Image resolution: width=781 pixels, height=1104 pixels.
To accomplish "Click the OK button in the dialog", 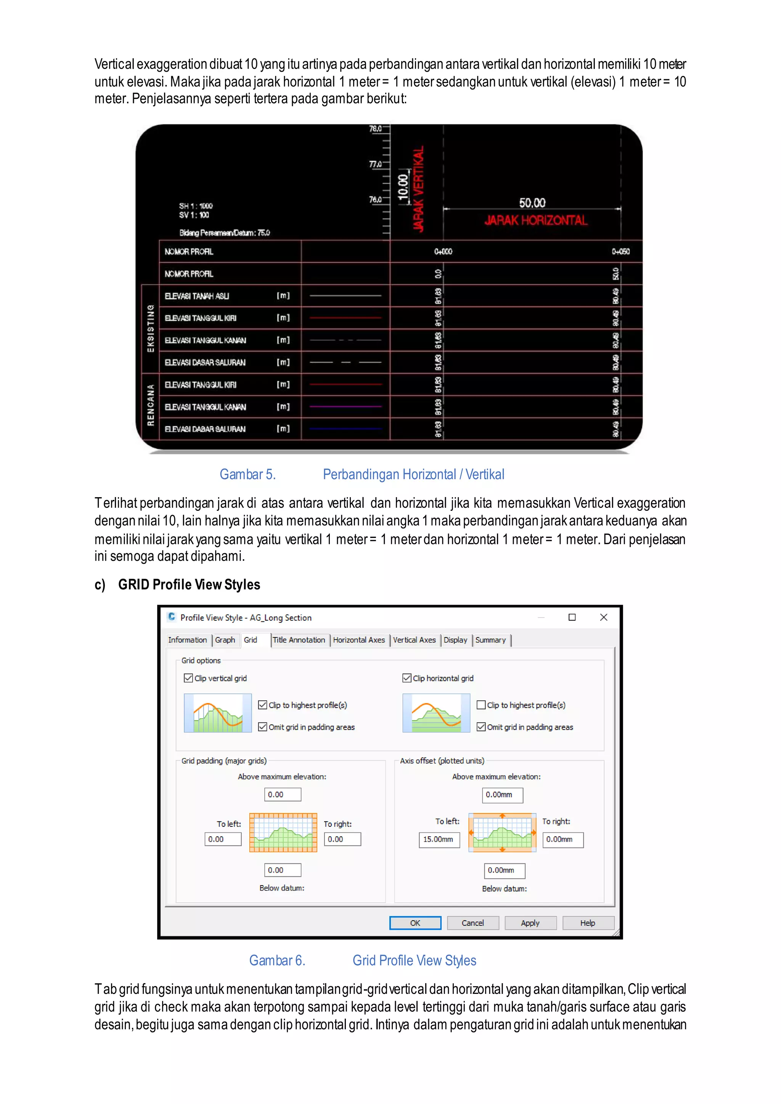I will coord(415,923).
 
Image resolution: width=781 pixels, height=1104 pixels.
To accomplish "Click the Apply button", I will coord(530,923).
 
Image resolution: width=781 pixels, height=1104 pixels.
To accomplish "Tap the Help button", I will coord(588,923).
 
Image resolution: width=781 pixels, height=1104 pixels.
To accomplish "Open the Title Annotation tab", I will coord(299,640).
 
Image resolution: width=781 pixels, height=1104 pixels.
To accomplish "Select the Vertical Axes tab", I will coord(414,640).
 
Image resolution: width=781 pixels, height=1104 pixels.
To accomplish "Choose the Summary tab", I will coord(490,640).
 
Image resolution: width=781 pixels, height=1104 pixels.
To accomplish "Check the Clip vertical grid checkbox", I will coord(188,678).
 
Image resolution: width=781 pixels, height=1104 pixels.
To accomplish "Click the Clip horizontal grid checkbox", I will coord(407,678).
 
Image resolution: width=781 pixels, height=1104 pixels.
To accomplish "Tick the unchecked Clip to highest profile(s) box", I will coord(481,705).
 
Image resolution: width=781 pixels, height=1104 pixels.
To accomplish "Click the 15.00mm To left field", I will coord(439,839).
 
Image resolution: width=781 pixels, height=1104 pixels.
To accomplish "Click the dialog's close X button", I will coord(604,618).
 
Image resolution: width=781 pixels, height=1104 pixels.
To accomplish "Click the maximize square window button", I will coord(572,618).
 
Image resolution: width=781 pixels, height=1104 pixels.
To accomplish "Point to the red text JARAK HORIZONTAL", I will coord(535,221).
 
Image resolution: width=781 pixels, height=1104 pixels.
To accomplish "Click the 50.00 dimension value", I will coord(532,203).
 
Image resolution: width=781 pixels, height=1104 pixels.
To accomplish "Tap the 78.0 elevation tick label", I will coord(375,129).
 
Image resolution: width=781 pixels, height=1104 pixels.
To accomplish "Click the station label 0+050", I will coord(620,252).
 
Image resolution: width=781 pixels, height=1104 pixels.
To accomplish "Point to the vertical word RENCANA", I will coord(151,405).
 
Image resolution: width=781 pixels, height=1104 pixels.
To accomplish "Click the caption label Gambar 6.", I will coord(277,960).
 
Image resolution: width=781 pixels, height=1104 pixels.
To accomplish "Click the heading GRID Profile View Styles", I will coord(189,585).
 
